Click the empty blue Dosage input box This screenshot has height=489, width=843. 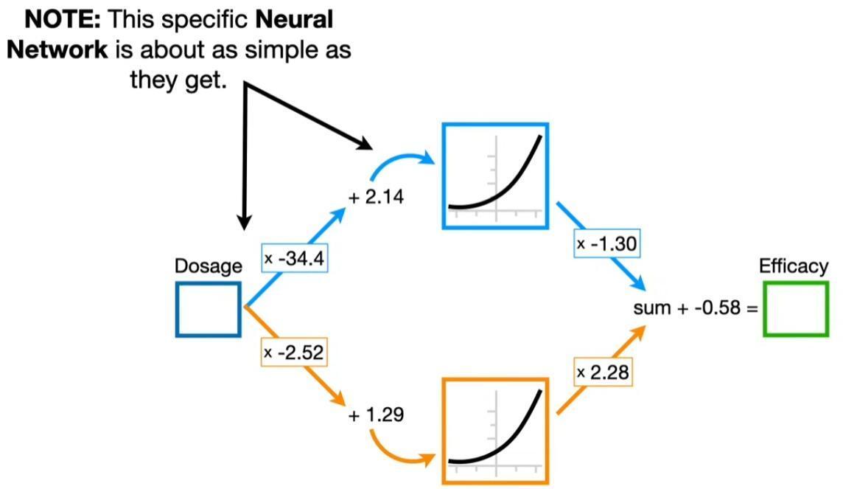[209, 309]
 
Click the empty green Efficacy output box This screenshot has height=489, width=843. [796, 308]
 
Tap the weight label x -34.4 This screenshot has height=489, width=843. [295, 260]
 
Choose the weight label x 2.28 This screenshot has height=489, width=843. [604, 372]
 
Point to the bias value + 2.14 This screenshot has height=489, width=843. [376, 197]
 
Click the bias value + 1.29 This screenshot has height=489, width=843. [376, 415]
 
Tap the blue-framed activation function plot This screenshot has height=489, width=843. [495, 176]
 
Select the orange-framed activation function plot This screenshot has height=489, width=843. [495, 430]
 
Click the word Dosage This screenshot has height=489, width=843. [208, 266]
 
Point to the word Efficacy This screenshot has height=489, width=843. [794, 266]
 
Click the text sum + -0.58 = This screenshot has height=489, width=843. [696, 308]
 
